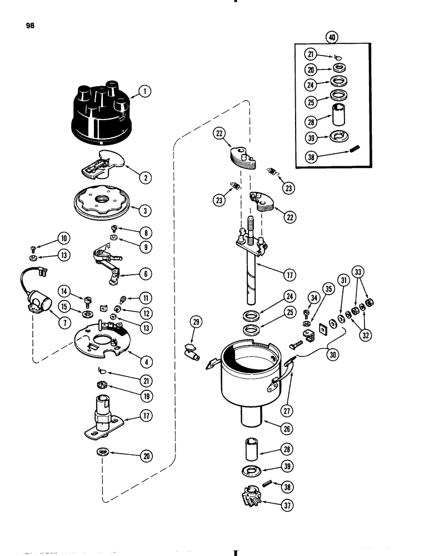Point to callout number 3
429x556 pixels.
[144, 211]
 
